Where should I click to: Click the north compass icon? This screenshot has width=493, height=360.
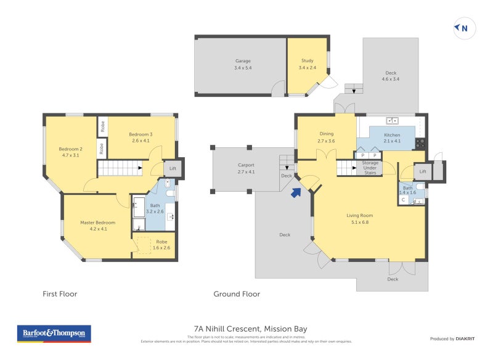[x=464, y=28]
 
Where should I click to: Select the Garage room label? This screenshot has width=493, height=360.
[x=243, y=64]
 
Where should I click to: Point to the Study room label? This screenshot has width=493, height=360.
[x=307, y=64]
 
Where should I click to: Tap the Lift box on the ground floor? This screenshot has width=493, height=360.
[x=422, y=171]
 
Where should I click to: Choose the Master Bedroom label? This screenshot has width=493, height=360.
[x=95, y=226]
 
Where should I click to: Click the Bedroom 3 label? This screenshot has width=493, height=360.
[x=141, y=137]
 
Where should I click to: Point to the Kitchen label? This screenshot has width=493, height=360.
[x=392, y=138]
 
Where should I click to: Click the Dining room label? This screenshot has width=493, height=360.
[x=326, y=137]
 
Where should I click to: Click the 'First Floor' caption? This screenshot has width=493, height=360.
[x=60, y=294]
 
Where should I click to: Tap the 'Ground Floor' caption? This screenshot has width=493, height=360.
[x=237, y=294]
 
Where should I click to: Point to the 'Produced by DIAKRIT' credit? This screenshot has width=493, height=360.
[x=455, y=339]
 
